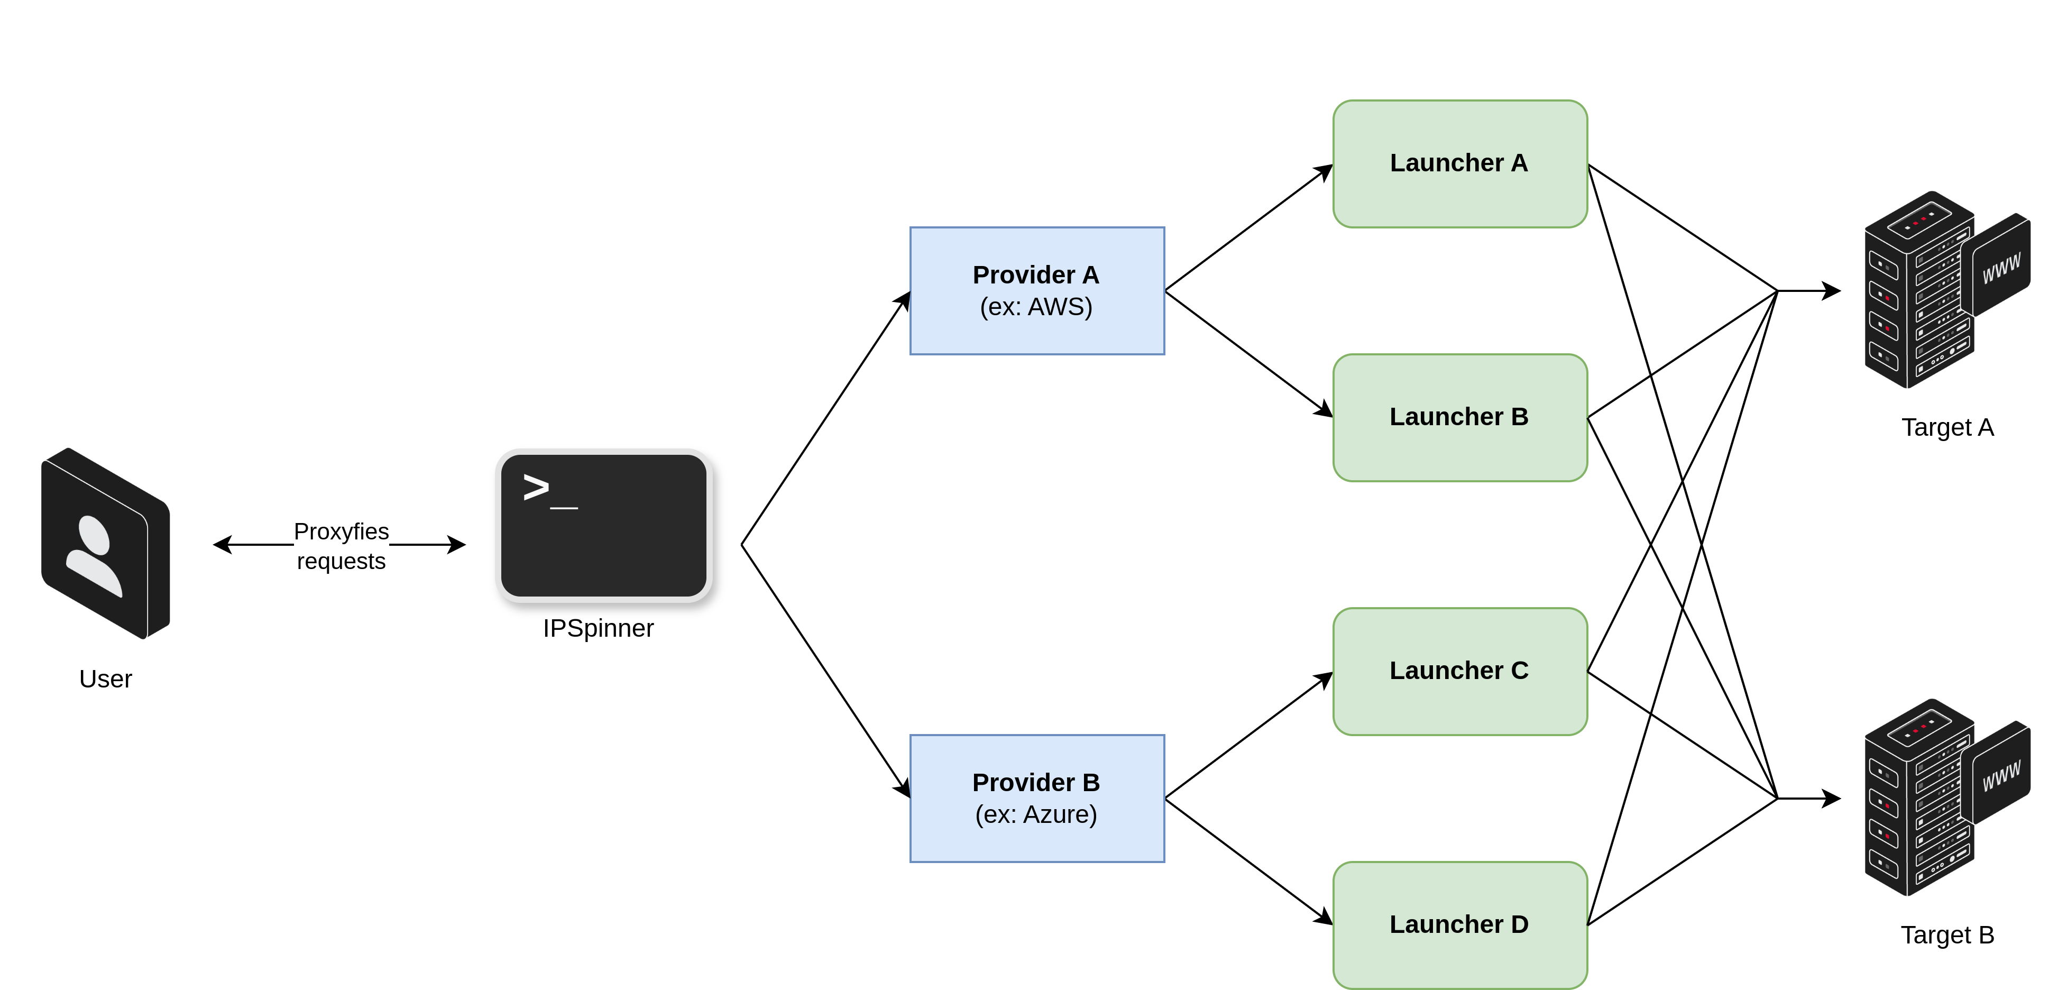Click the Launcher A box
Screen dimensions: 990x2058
(x=1459, y=164)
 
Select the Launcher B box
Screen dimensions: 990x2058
(x=1459, y=417)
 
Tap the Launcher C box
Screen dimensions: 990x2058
(x=1459, y=671)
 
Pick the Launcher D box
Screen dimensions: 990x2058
(x=1459, y=924)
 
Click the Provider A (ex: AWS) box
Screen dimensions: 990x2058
(x=1036, y=291)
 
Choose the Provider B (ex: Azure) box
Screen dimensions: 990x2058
(x=1036, y=798)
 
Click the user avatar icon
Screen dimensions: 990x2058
(x=105, y=543)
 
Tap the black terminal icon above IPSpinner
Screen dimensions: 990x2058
(x=603, y=525)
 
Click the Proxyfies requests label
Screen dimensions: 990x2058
(x=341, y=546)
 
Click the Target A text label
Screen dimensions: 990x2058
(x=1947, y=427)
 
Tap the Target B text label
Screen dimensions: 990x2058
(x=1947, y=935)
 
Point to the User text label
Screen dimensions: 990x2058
(x=105, y=679)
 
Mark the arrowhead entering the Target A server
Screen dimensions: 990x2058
(x=1832, y=291)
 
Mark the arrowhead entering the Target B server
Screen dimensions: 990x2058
(x=1832, y=798)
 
